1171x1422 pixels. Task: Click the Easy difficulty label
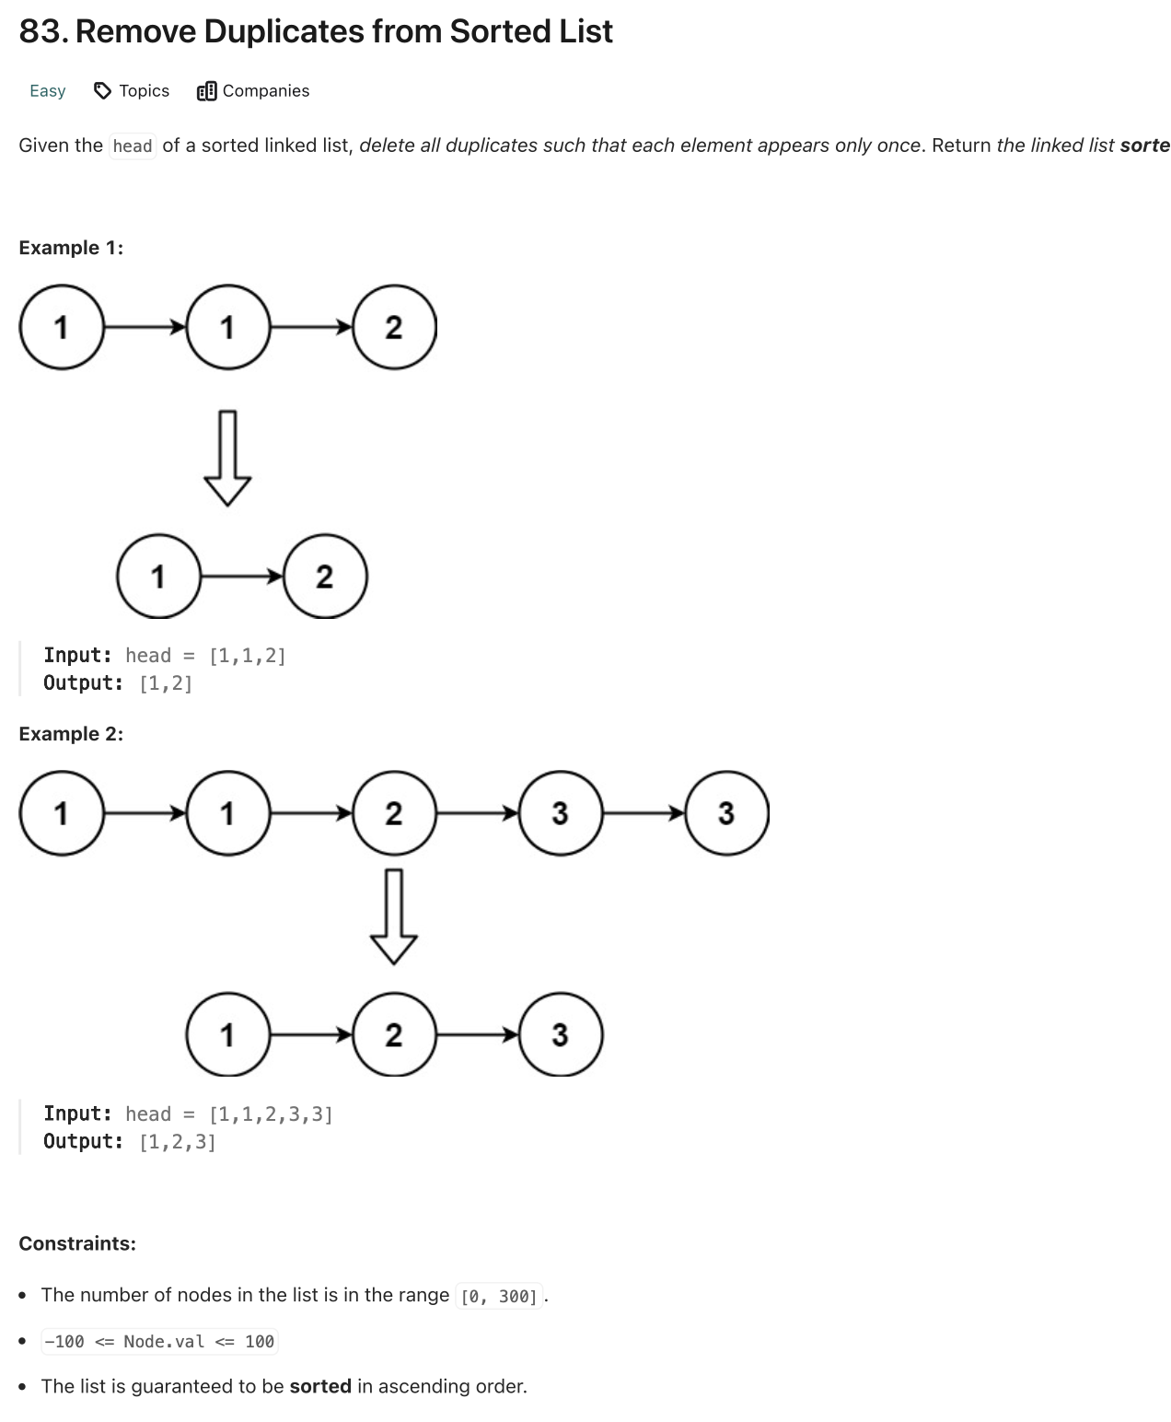tap(47, 90)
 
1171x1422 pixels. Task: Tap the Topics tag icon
tap(103, 90)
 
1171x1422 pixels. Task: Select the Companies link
tap(265, 90)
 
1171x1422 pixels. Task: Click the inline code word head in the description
tap(133, 146)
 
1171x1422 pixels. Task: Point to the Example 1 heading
tap(71, 248)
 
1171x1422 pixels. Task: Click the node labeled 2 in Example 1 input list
tap(394, 327)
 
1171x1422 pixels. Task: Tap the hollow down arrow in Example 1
tap(226, 458)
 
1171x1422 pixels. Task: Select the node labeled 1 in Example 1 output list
tap(158, 577)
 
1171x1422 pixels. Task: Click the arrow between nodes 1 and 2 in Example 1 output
tap(241, 577)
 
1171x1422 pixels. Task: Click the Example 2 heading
tap(71, 734)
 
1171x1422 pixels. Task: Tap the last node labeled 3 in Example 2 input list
tap(726, 813)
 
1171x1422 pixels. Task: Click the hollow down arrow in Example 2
tap(394, 916)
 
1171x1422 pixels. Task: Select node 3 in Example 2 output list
tap(561, 1035)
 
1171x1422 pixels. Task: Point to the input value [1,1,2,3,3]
tap(271, 1114)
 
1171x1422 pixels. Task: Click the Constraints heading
tap(77, 1243)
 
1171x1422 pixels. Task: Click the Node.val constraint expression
tap(159, 1342)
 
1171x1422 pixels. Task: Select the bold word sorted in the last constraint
tap(320, 1386)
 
